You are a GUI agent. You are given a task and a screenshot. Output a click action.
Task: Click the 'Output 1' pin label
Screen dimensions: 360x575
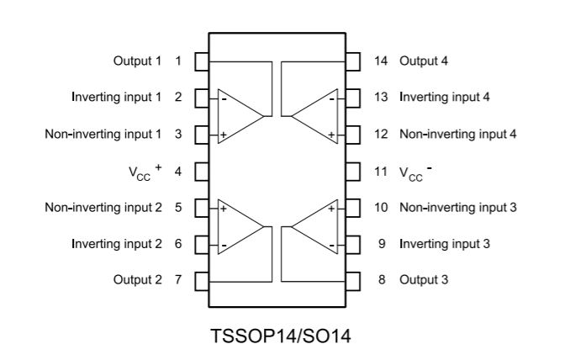(137, 61)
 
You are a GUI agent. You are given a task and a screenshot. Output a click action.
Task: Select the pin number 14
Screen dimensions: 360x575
(381, 61)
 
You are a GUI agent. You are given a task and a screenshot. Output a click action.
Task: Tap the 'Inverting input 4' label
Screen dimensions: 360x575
(444, 97)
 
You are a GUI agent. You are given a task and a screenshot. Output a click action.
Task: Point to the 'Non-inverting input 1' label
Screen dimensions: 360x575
(103, 134)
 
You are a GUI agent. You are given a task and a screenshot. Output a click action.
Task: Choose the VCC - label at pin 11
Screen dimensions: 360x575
(415, 172)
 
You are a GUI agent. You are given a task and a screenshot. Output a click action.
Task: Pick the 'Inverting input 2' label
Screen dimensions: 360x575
(117, 244)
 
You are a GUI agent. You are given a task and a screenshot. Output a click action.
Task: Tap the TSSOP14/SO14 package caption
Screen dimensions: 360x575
(282, 336)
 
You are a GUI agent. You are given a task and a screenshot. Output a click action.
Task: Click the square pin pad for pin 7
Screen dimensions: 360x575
(202, 279)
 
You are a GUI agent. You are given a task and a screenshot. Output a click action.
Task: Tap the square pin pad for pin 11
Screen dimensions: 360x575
(354, 172)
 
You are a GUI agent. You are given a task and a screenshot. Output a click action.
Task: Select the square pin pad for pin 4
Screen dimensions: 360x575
(202, 172)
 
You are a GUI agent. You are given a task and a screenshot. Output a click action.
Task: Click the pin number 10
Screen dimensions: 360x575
(381, 207)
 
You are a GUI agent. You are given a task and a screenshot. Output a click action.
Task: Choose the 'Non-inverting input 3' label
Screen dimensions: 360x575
(457, 207)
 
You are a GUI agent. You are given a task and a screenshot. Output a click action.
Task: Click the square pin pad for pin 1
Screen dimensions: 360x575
(202, 61)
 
